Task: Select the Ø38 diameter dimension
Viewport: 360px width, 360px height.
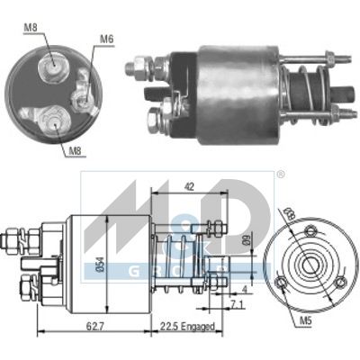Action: click(289, 217)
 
